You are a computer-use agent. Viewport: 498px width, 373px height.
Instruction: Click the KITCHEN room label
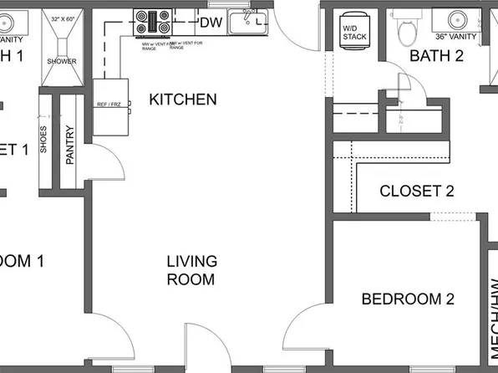coord(182,100)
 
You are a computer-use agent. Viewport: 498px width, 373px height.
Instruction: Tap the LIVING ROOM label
coord(191,269)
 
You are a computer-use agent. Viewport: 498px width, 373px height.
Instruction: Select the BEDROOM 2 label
coord(407,299)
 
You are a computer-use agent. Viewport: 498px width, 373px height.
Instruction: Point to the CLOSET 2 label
coord(416,192)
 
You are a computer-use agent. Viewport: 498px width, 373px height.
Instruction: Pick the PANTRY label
coord(70,143)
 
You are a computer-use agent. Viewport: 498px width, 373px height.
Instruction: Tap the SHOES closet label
coord(43,143)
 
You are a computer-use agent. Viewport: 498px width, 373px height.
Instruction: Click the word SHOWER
coord(61,61)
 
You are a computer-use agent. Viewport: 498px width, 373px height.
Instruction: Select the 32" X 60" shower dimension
coord(62,18)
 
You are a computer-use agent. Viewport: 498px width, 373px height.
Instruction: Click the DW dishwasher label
coord(210,22)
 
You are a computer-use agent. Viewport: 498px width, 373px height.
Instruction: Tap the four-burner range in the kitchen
coord(153,23)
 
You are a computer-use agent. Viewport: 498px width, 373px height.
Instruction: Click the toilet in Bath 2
coord(407,29)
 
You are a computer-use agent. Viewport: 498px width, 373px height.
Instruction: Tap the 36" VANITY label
coord(455,38)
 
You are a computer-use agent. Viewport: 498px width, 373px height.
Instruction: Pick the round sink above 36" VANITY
coord(457,18)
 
